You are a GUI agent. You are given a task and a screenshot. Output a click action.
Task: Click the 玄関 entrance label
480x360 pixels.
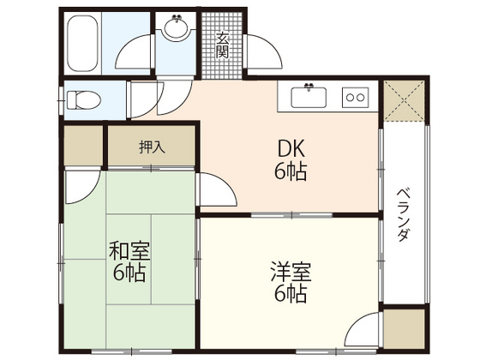(x=222, y=43)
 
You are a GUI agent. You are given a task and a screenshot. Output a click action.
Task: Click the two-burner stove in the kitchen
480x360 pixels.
(x=355, y=96)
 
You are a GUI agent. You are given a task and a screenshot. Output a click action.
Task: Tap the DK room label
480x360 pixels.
(x=291, y=148)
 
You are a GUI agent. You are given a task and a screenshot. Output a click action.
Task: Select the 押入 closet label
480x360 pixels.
(x=153, y=147)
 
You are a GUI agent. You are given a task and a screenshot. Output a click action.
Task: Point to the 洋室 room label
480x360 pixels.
(x=291, y=273)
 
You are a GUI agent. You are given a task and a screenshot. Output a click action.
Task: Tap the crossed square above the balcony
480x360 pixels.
(x=403, y=99)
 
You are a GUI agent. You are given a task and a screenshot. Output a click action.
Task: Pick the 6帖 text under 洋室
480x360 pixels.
(x=291, y=295)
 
